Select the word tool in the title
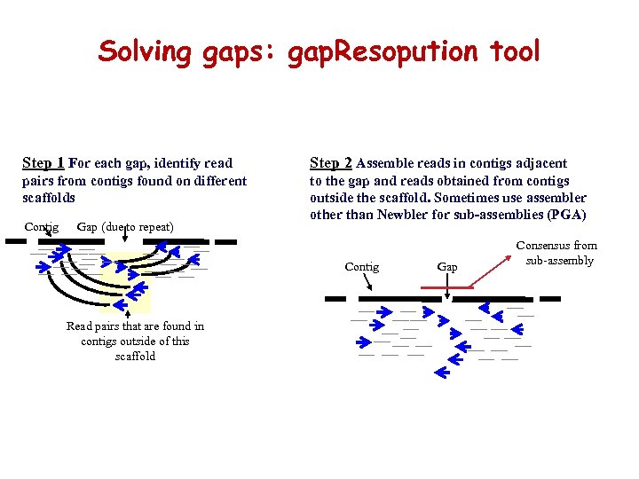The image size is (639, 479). [514, 51]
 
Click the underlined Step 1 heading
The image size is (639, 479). [43, 163]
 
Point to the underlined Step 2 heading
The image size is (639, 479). [330, 163]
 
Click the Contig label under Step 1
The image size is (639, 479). [42, 227]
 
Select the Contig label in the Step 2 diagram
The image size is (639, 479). [361, 267]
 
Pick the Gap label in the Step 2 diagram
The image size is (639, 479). [447, 267]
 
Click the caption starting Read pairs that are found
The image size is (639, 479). [135, 341]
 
